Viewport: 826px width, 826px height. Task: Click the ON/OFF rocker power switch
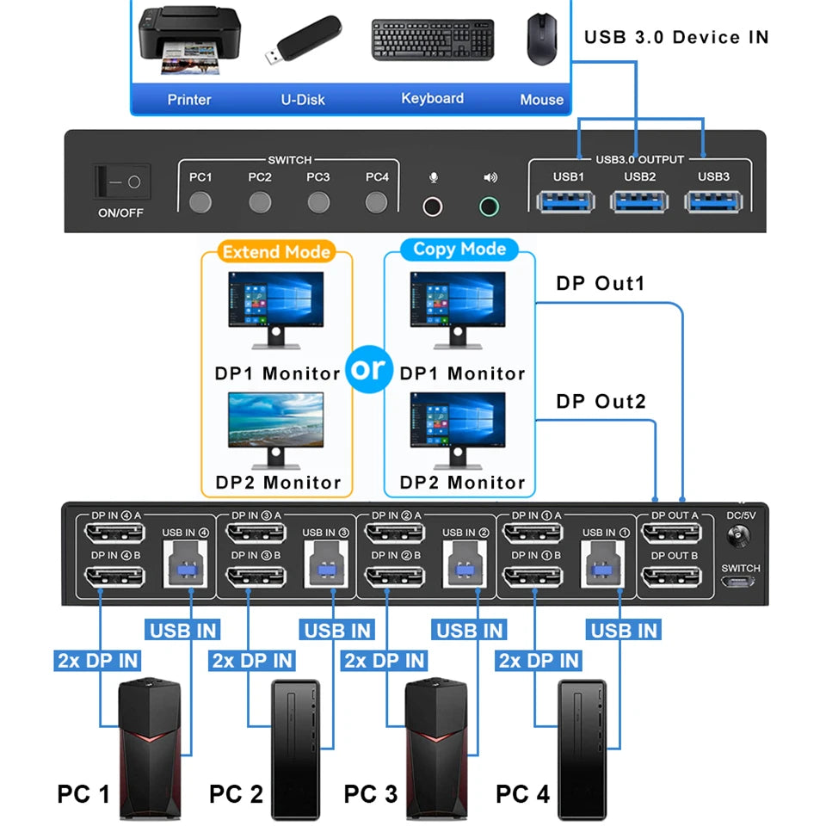122,182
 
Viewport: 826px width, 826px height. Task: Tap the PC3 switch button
318,203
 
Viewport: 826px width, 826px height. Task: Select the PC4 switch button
376,203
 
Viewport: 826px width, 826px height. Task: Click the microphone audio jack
433,206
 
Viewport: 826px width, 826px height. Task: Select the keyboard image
433,40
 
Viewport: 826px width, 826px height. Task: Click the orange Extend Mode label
275,252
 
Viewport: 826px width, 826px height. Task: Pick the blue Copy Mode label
459,250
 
